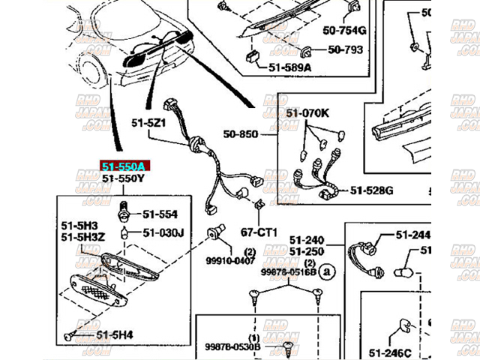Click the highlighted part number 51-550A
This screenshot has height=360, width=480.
tap(123, 166)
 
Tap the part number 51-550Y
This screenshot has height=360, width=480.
tap(123, 179)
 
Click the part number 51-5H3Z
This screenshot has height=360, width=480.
tap(83, 236)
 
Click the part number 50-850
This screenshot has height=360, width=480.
tap(239, 135)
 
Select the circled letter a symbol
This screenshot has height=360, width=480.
tap(325, 272)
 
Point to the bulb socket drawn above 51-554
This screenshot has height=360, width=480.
tap(122, 205)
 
